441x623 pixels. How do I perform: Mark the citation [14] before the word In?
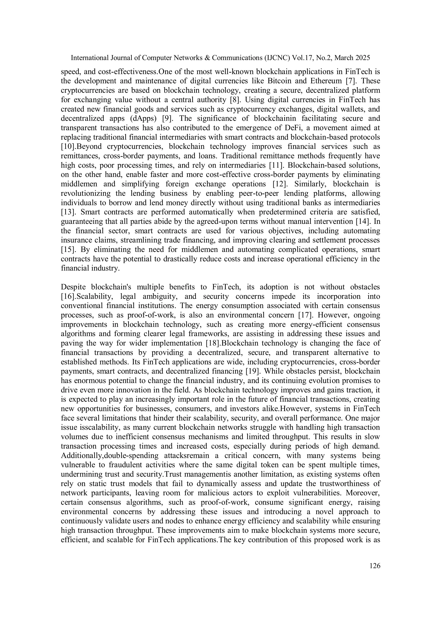click(363, 222)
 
